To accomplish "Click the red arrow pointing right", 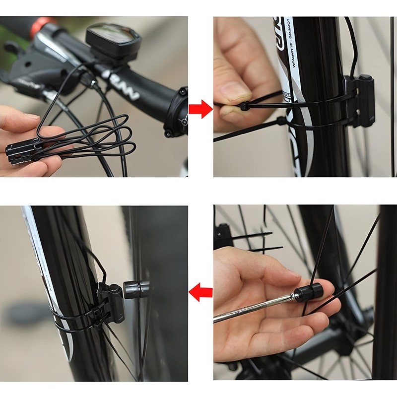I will pos(200,108).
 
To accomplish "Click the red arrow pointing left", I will pos(200,292).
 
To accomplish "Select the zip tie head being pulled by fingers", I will pos(244,106).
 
